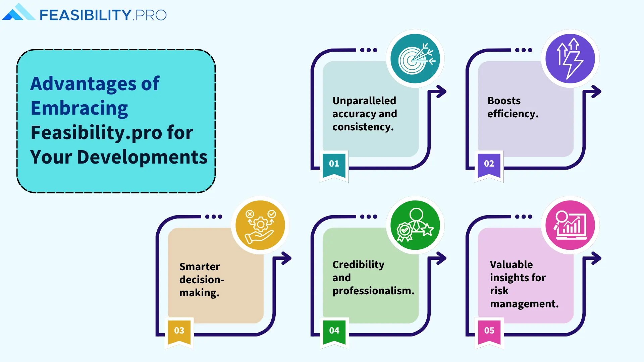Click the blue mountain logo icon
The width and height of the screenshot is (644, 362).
[x=18, y=13]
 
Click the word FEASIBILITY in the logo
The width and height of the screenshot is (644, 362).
[x=85, y=15]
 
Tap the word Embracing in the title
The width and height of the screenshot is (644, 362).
[x=79, y=108]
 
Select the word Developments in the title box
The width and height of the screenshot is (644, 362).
[x=142, y=157]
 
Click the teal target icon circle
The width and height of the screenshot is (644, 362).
[x=415, y=59]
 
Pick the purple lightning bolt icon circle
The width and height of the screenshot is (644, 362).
[x=570, y=59]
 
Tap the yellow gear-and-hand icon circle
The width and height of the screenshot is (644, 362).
[x=260, y=225]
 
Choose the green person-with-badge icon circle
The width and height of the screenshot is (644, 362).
[x=415, y=225]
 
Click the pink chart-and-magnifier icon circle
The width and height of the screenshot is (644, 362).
[x=570, y=225]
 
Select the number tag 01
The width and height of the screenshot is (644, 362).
[x=334, y=164]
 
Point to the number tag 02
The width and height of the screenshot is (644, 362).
[x=489, y=164]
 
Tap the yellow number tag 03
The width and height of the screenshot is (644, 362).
[x=179, y=331]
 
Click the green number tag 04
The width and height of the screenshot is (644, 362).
[x=334, y=331]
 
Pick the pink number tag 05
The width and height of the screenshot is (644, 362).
[x=489, y=331]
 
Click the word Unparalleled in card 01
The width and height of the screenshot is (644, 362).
[x=364, y=101]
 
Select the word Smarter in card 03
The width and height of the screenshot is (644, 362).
[x=200, y=266]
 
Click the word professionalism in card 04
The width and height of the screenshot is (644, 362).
[x=373, y=291]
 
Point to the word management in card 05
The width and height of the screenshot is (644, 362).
[x=524, y=304]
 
